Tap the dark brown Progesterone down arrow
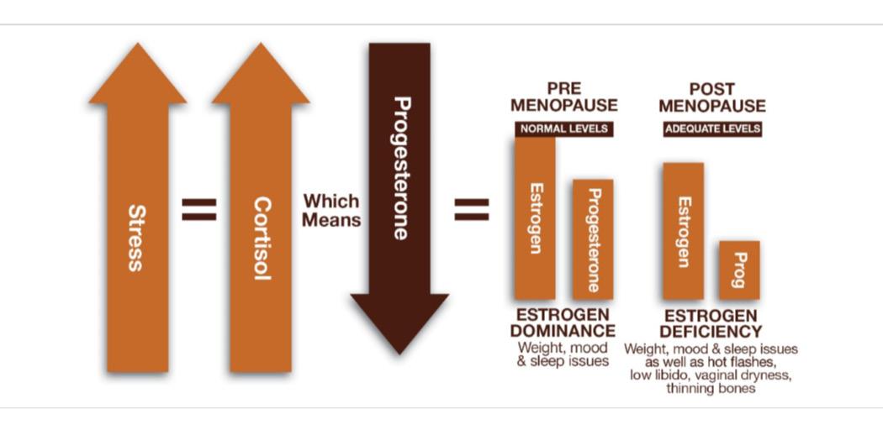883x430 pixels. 399,193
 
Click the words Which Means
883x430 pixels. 331,211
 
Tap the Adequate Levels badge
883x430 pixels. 712,129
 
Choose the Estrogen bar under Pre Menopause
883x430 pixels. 535,218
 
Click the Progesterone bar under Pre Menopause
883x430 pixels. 593,239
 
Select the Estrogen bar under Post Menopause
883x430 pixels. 683,231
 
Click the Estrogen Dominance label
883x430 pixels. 563,323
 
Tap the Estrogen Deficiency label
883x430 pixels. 711,323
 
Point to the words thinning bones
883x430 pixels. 711,389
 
